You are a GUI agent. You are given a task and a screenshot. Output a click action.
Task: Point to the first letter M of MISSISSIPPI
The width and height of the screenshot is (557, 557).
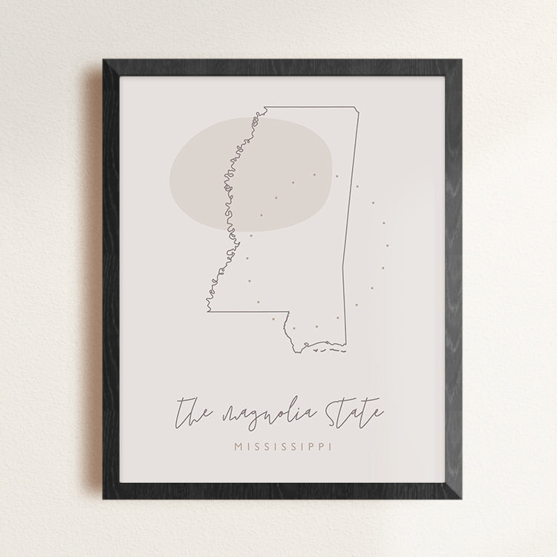click(238, 447)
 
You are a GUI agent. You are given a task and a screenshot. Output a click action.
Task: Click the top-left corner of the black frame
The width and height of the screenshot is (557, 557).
click(103, 59)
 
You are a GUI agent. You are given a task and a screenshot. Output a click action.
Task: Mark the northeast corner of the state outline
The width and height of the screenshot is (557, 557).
click(362, 111)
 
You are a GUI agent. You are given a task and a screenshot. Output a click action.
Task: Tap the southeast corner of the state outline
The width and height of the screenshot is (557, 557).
click(345, 339)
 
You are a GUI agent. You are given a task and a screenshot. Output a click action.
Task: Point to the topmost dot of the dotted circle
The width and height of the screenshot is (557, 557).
click(315, 175)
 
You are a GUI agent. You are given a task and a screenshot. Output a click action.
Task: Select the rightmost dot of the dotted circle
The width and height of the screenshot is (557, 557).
click(387, 245)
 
